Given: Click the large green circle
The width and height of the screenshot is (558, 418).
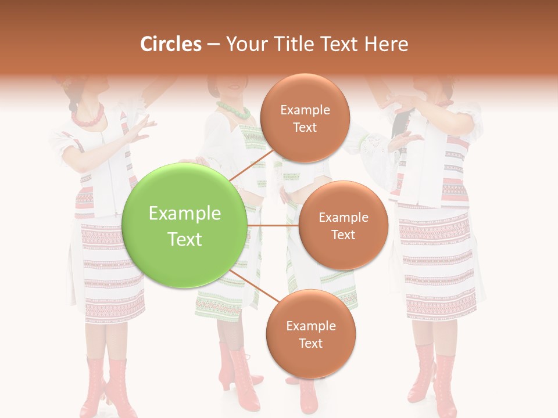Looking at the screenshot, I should click(x=185, y=225).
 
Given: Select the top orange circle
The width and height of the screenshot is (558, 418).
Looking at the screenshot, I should click(x=305, y=118).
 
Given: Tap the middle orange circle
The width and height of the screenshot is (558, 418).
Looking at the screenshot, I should click(x=343, y=225).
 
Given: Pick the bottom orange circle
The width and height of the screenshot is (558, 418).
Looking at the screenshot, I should click(x=310, y=334).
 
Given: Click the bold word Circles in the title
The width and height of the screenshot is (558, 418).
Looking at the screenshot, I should click(x=170, y=44).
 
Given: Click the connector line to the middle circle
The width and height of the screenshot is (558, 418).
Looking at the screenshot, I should click(x=273, y=225).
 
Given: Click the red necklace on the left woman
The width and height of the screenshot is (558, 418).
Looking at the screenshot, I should click(x=87, y=115).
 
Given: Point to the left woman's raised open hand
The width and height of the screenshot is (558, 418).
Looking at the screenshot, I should click(x=141, y=127).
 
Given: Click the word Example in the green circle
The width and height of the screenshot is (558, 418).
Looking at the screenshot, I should click(x=185, y=214).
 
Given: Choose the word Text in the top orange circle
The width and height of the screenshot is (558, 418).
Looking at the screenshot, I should click(x=305, y=127).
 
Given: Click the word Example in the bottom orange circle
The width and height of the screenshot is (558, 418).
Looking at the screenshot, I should click(x=310, y=326).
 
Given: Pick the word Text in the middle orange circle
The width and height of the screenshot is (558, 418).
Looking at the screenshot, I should click(x=343, y=235).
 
